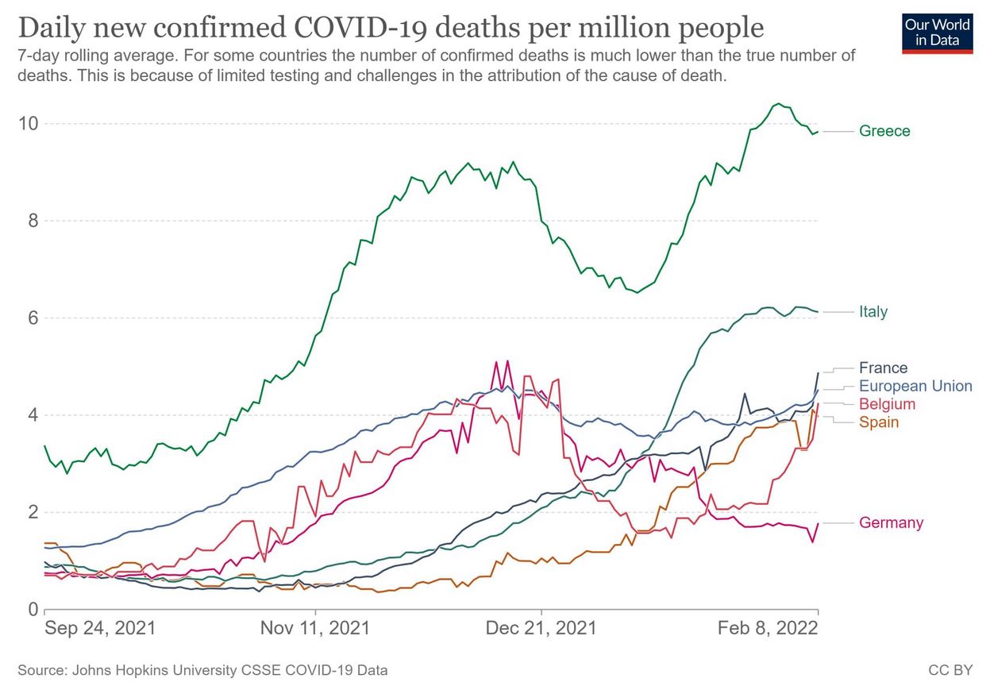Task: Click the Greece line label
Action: pos(884,131)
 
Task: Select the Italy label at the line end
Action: pos(873,312)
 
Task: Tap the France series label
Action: pos(883,368)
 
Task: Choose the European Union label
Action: pos(915,386)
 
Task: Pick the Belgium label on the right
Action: pos(887,404)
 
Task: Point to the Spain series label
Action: pos(879,422)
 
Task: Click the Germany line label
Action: pos(891,522)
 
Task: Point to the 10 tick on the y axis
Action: pos(29,124)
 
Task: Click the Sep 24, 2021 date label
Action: pos(100,628)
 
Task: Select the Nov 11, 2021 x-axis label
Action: pos(315,628)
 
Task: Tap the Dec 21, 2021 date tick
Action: pos(541,628)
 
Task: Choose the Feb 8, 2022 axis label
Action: pos(768,628)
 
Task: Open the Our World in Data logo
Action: pos(937,33)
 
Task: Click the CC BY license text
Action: pos(950,670)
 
